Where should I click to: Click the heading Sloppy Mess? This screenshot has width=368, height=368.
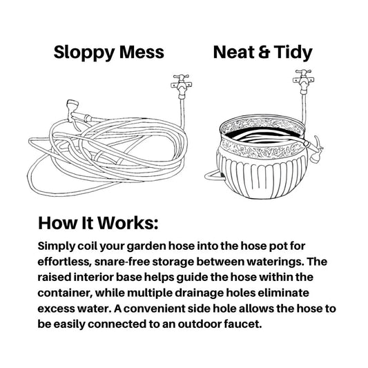[x=109, y=52]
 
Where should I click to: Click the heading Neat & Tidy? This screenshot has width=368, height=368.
[x=262, y=52]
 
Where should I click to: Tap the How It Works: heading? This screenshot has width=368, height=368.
[x=98, y=223]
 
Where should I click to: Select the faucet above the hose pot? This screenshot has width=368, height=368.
[x=304, y=81]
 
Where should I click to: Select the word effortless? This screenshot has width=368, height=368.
[x=64, y=262]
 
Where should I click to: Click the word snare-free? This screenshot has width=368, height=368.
[x=122, y=262]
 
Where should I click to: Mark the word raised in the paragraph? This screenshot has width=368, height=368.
[x=54, y=278]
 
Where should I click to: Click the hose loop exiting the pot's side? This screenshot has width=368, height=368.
[x=212, y=175]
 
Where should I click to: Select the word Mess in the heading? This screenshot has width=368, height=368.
[x=142, y=52]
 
